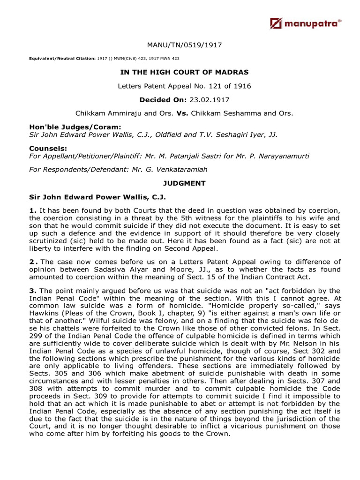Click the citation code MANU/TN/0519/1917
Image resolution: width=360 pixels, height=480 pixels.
point(184,45)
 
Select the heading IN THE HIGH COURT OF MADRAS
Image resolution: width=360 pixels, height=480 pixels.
point(184,72)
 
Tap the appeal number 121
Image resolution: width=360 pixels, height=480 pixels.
point(220,86)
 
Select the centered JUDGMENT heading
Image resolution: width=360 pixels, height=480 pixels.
point(184,183)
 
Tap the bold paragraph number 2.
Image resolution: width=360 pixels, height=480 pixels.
point(32,262)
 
